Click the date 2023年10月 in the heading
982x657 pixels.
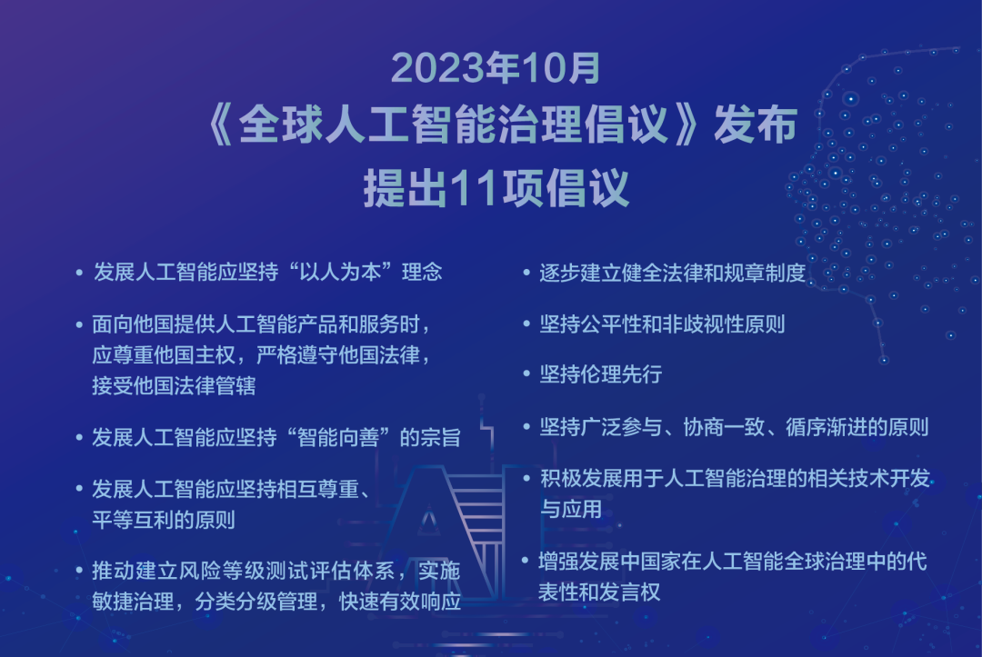(496, 67)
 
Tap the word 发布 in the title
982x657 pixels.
(756, 124)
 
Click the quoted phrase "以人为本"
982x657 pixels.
(340, 273)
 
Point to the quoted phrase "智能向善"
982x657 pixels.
(338, 437)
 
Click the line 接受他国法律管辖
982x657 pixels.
(174, 385)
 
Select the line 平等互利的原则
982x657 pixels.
(164, 520)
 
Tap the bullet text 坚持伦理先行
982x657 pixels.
(601, 374)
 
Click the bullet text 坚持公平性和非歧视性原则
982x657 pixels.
(662, 324)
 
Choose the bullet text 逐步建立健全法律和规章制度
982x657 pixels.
(673, 273)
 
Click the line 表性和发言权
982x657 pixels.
(599, 592)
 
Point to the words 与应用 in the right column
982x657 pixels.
(570, 509)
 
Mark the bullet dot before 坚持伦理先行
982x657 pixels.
(526, 374)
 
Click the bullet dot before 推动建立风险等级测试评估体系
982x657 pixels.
(79, 571)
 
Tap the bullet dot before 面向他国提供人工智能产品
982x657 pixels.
(79, 324)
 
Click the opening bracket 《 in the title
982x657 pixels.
(220, 124)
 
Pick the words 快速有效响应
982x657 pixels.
(399, 602)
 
